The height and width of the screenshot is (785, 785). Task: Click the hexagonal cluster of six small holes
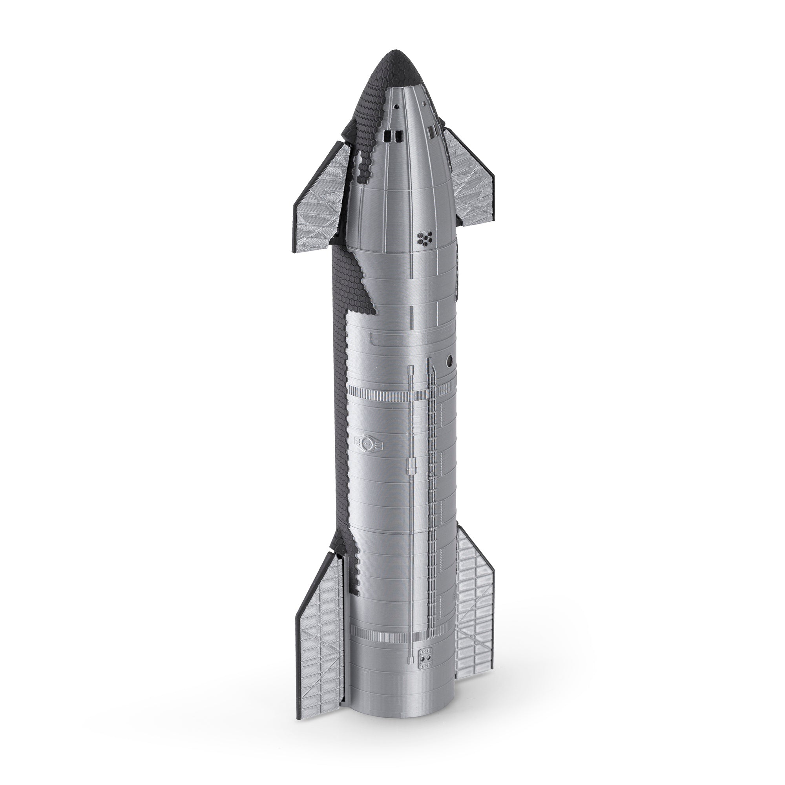tap(424, 239)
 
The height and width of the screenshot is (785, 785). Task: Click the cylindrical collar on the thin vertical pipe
tap(411, 466)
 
